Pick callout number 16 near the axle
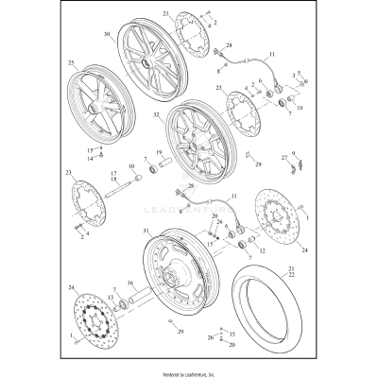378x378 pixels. (x=130, y=283)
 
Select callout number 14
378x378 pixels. (x=91, y=158)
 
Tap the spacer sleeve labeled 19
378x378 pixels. (x=157, y=172)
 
